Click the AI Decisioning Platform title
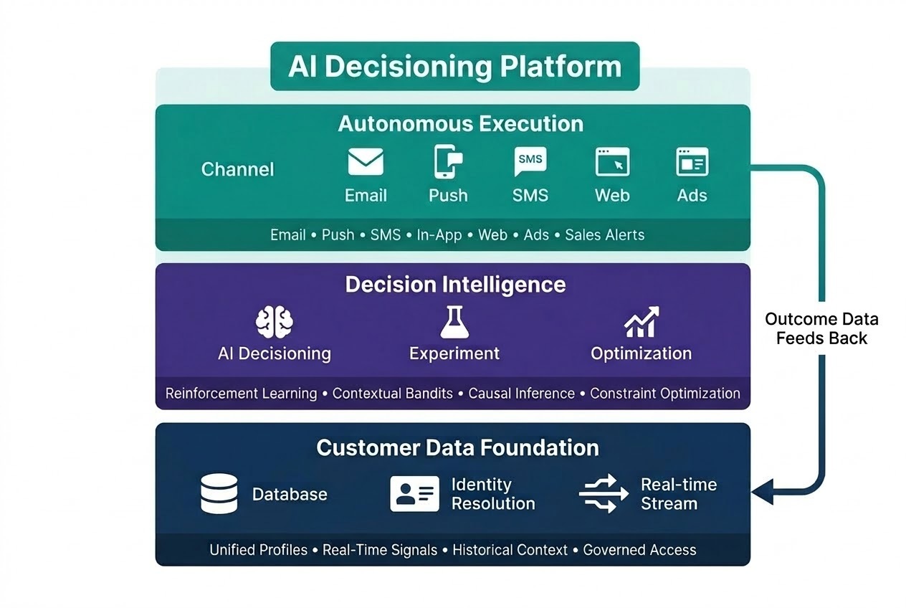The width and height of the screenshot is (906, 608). click(454, 66)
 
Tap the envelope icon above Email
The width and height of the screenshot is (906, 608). click(366, 162)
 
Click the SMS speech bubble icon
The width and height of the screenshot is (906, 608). click(530, 161)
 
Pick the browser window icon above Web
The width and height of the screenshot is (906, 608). click(612, 162)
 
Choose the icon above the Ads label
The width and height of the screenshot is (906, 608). click(692, 162)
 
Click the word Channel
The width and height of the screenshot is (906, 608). click(237, 169)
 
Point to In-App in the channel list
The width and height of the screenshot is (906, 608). click(439, 235)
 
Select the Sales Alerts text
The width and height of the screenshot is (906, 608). click(604, 235)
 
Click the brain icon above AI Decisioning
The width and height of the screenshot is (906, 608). click(275, 323)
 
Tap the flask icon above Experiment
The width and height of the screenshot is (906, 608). click(454, 322)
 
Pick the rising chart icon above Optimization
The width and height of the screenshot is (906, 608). click(641, 323)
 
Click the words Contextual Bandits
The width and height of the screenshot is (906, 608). click(392, 394)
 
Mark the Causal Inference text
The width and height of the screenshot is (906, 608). click(521, 394)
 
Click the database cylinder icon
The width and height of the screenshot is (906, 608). click(219, 494)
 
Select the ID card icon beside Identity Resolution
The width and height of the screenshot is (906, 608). click(414, 494)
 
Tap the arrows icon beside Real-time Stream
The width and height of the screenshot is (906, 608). click(599, 494)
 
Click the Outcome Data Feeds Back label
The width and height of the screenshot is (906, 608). click(821, 329)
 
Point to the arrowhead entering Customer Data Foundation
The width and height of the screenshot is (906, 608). click(760, 491)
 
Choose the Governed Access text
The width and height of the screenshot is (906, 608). click(639, 550)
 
